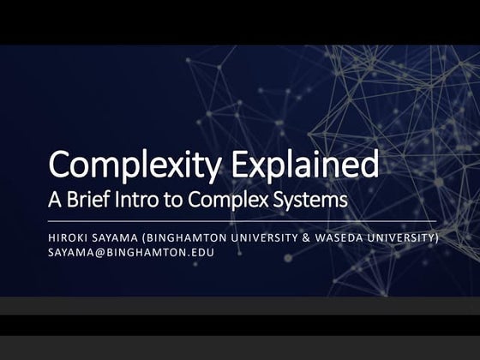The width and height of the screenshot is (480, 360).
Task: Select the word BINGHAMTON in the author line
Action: pyautogui.click(x=188, y=237)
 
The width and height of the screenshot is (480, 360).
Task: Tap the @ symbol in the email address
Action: pyautogui.click(x=98, y=253)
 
